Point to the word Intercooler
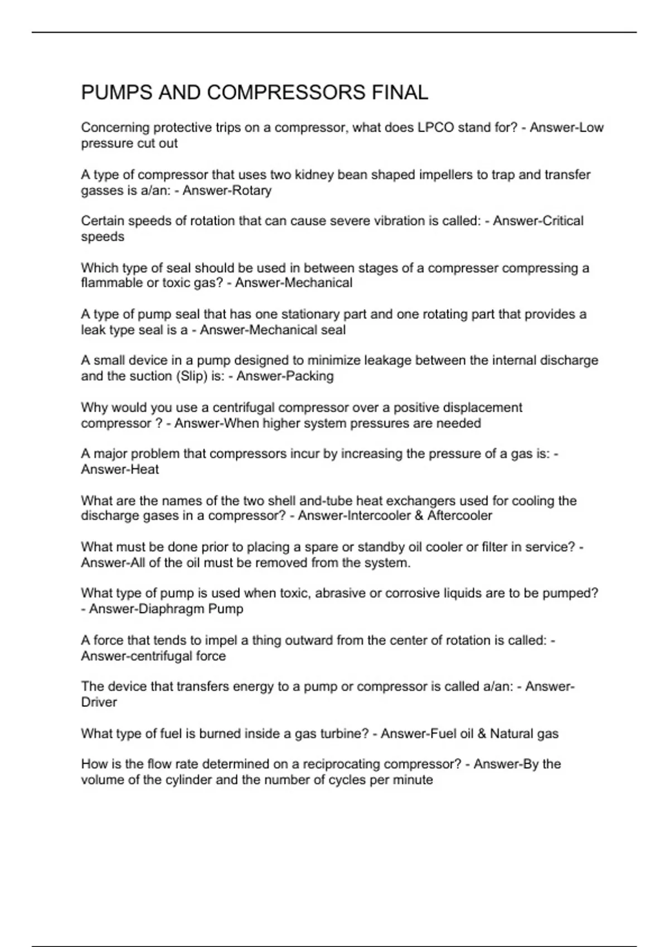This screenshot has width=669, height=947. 379,516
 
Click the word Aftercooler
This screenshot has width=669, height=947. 460,516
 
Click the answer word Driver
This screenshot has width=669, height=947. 99,702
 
